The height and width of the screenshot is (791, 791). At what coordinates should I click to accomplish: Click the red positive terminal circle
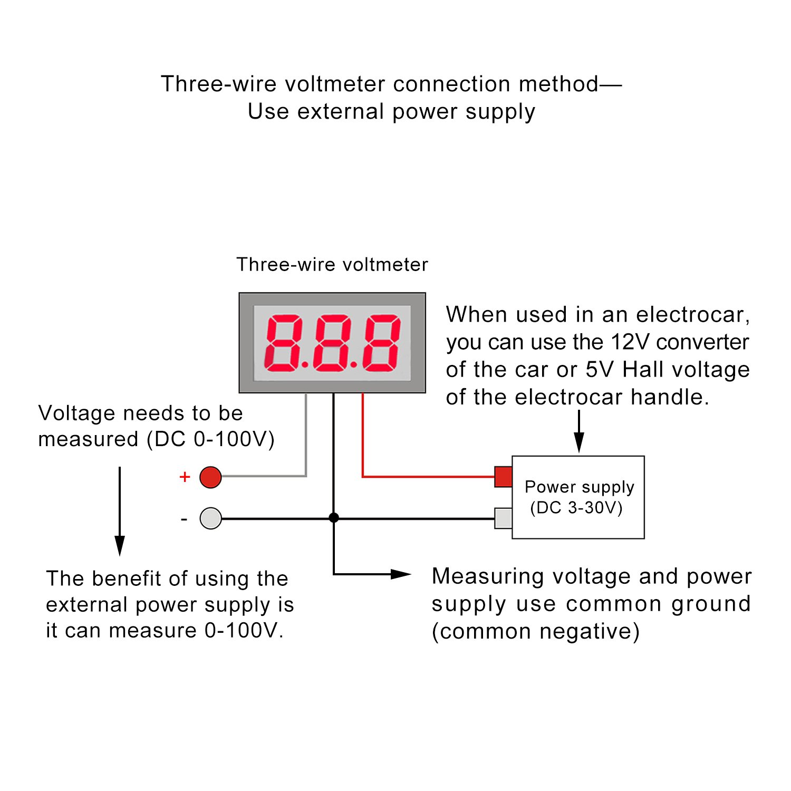[x=210, y=477]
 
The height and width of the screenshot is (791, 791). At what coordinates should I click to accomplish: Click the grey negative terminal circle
[x=210, y=518]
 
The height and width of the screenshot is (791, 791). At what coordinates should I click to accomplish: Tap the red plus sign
[x=185, y=477]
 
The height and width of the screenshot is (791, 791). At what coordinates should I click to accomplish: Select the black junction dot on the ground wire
[x=333, y=518]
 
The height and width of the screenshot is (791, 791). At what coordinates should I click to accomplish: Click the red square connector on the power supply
[x=503, y=477]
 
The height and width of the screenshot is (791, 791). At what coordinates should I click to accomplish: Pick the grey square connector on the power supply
[x=503, y=518]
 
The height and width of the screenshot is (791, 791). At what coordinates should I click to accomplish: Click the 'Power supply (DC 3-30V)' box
[x=578, y=497]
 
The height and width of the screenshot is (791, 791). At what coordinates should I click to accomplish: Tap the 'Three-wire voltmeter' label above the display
[x=332, y=265]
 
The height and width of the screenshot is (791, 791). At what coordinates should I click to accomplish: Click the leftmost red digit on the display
[x=283, y=343]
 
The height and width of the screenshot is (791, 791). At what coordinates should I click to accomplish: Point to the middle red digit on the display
[x=332, y=343]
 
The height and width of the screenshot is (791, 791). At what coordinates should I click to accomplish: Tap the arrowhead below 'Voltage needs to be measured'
[x=120, y=546]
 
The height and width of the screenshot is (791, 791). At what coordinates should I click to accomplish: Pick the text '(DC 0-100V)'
[x=211, y=439]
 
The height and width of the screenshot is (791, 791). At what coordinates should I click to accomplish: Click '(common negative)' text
[x=536, y=632]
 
